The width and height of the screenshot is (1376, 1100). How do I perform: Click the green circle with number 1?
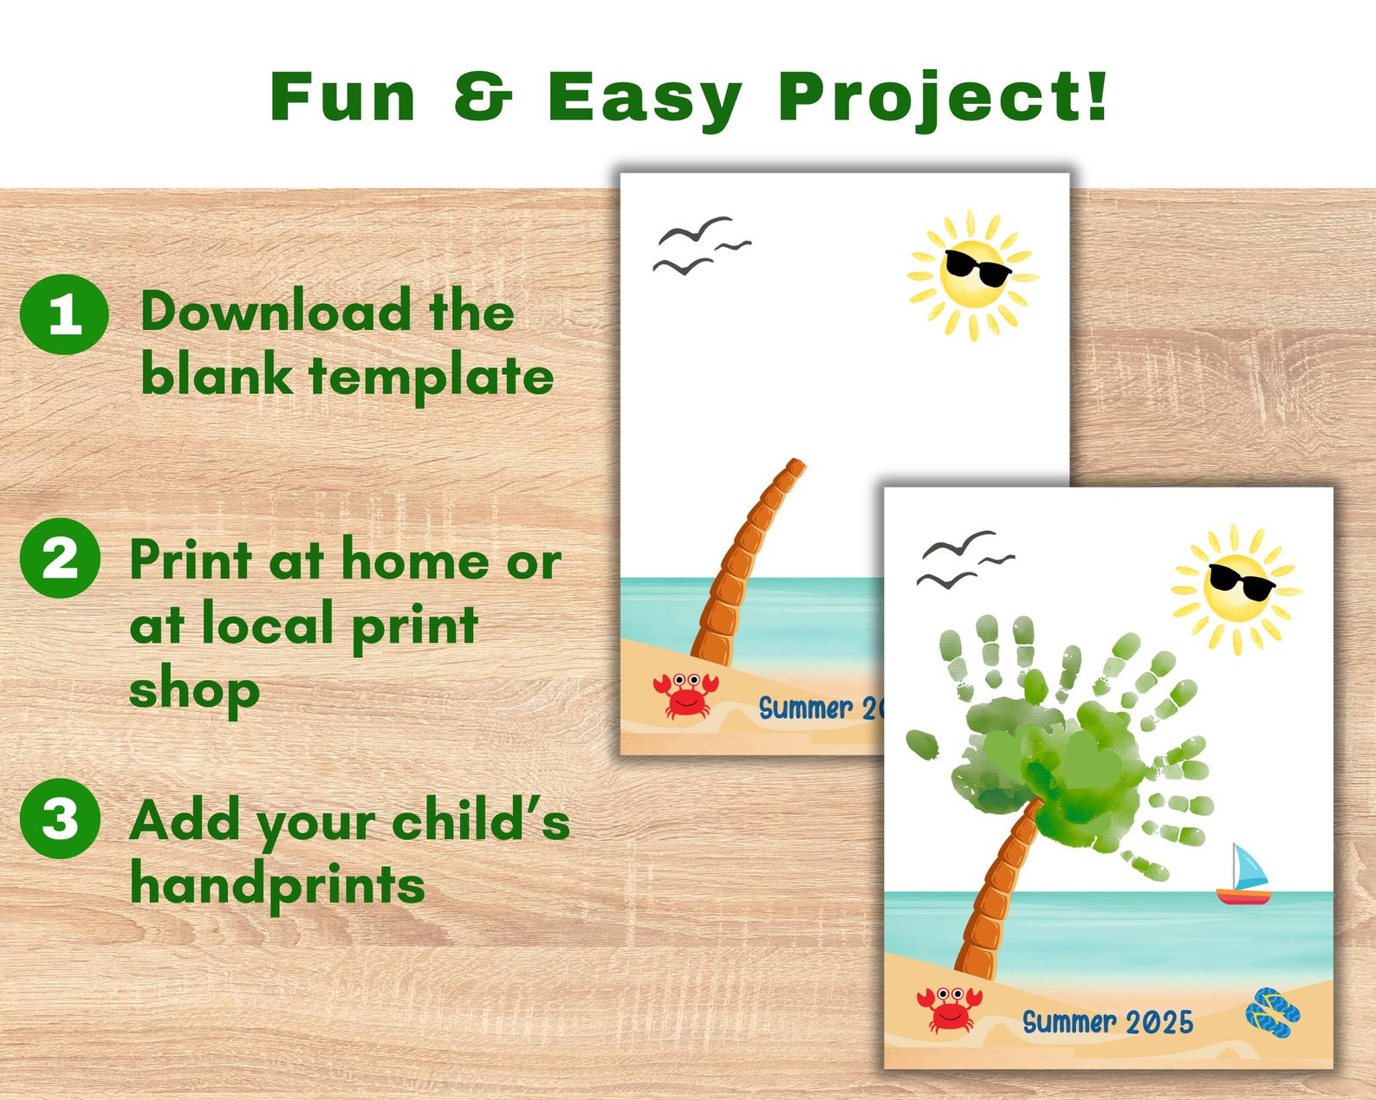coord(64,314)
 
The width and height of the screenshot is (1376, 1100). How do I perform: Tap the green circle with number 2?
coord(60,559)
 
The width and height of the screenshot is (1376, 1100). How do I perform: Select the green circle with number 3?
coord(60,818)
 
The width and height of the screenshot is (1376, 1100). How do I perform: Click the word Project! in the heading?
coord(942,97)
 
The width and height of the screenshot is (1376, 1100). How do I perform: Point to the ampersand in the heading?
coord(484,96)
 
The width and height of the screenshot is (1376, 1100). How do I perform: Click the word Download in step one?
coord(276,312)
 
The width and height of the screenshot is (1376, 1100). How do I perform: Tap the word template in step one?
coord(431,377)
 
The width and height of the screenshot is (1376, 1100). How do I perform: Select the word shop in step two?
coord(194,690)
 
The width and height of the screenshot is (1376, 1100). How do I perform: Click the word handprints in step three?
coord(277,885)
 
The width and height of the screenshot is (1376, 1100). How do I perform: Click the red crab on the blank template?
coord(685,695)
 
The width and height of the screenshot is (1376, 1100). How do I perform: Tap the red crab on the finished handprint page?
coord(949,1009)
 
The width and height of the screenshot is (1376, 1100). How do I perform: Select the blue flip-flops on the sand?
coord(1273,1013)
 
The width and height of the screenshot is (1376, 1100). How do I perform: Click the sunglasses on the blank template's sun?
coord(977,267)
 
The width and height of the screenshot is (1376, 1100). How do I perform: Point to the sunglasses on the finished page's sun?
coord(1241,580)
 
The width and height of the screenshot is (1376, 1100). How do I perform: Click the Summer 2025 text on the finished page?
coord(1107,1022)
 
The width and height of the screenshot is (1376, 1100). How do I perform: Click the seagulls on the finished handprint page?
coord(964,559)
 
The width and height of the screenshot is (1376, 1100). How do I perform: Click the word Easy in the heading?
coord(645,97)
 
